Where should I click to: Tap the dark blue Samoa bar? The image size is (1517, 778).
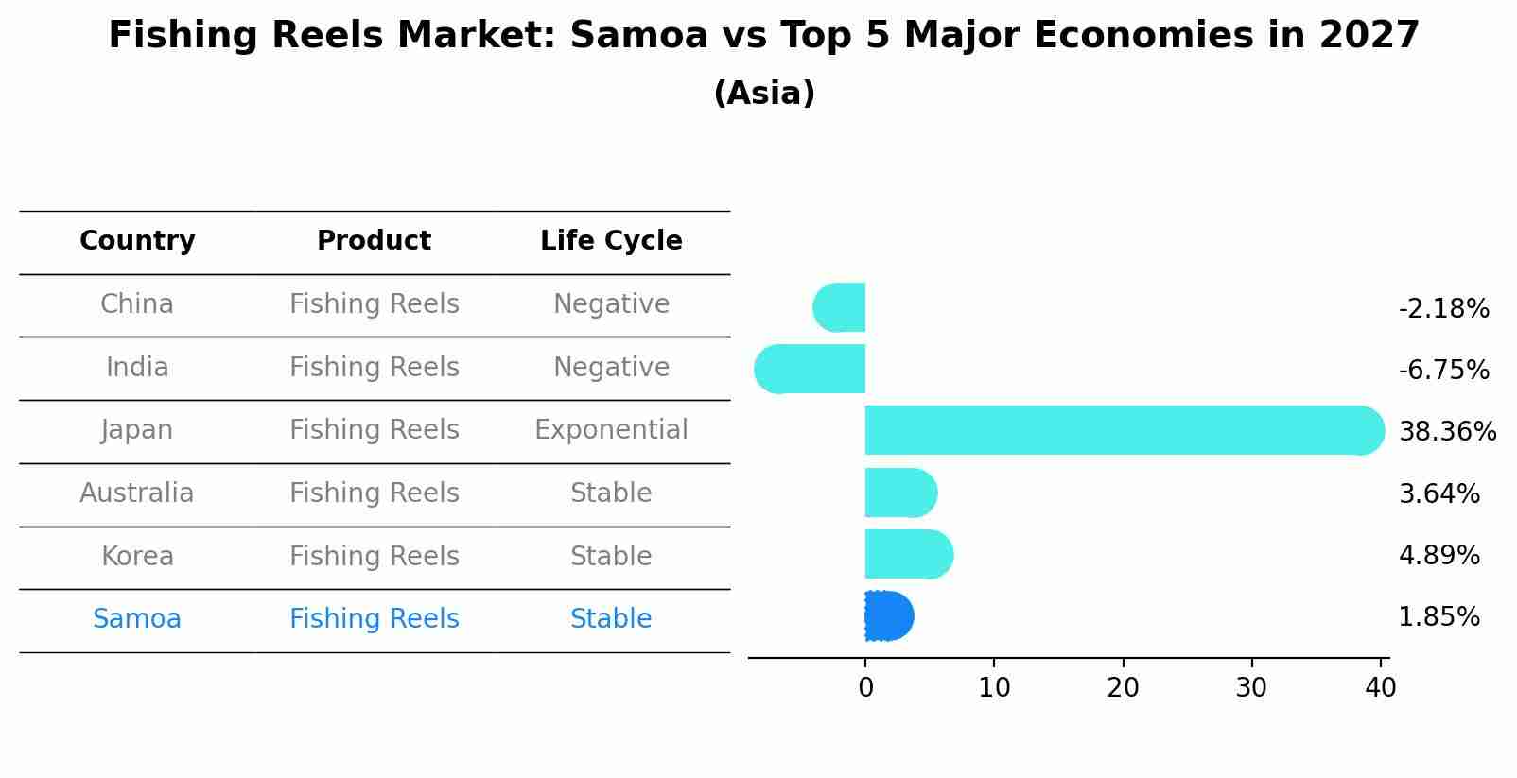(888, 616)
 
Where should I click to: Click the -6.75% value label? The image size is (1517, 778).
(1443, 370)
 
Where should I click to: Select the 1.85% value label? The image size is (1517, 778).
(1439, 617)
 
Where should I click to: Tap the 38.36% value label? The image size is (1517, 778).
(1447, 431)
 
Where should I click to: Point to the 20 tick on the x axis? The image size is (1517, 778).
(1123, 687)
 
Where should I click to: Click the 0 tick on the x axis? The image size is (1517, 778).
(865, 687)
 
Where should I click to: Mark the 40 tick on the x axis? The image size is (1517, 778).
(1380, 687)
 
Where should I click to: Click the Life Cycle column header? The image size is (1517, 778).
(611, 241)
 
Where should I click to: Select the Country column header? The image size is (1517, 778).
(137, 241)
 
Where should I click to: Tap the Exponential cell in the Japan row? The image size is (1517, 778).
(611, 430)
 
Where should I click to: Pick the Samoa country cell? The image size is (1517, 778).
(137, 619)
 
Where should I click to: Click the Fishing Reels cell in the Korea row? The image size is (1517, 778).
(374, 556)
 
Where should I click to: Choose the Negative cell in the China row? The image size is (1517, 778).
(611, 304)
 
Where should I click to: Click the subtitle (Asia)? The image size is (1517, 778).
(764, 94)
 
